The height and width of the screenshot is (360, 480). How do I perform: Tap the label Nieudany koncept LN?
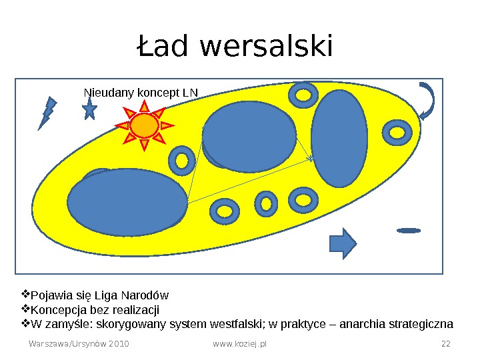click(141, 93)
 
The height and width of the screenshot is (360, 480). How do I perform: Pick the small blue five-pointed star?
click(89, 109)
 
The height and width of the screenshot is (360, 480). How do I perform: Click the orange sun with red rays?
click(144, 125)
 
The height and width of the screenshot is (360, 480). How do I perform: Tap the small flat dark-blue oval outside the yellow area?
click(408, 231)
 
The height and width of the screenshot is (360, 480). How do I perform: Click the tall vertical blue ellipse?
click(339, 139)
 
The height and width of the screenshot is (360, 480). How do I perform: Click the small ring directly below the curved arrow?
click(398, 132)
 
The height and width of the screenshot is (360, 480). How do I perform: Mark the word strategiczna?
click(424, 325)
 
